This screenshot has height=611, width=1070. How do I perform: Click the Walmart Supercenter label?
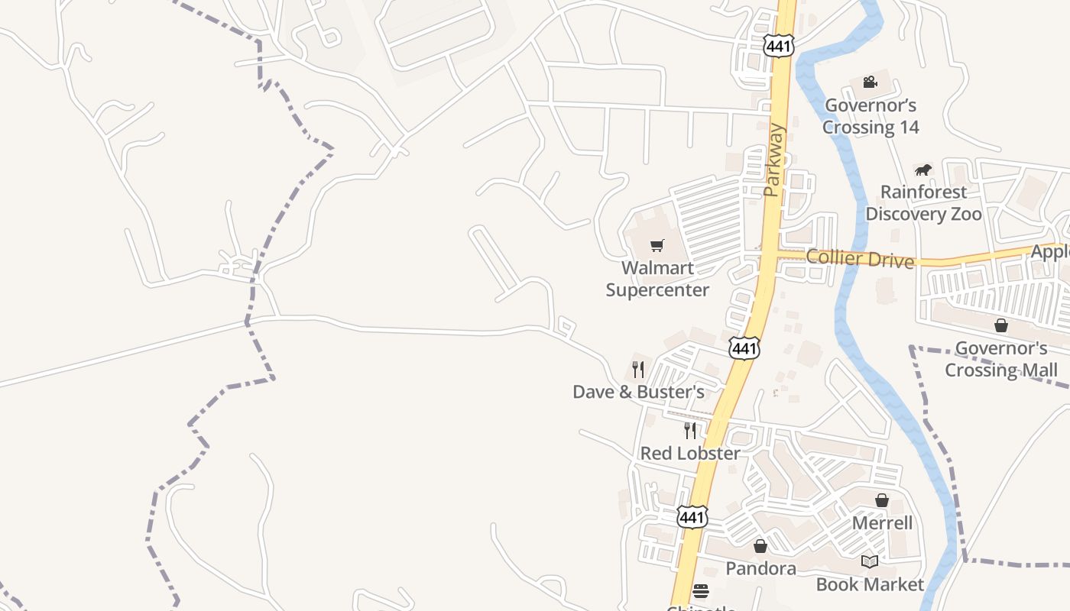tap(657, 279)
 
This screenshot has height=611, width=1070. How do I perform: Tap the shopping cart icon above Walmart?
tap(657, 245)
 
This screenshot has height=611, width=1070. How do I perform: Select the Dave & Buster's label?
tap(638, 392)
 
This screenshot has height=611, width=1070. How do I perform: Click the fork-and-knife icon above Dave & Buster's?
tap(638, 370)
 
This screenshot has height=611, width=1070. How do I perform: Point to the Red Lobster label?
tap(689, 453)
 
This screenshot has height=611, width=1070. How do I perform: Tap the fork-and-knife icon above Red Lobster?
tap(690, 431)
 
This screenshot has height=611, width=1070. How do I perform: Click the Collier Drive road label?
tap(860, 259)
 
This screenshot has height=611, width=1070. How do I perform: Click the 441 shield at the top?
tap(778, 47)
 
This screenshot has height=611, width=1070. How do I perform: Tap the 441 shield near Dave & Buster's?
tap(744, 349)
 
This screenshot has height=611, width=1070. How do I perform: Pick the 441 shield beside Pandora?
tap(692, 517)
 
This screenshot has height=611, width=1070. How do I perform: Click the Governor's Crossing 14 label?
tap(871, 116)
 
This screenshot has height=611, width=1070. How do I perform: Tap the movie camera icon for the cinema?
tap(870, 82)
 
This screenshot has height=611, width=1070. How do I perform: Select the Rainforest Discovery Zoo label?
tap(923, 203)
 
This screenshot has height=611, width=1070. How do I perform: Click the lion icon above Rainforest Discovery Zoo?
tap(923, 170)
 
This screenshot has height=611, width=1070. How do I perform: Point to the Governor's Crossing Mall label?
tap(1001, 359)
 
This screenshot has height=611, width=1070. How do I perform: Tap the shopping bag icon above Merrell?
tap(882, 500)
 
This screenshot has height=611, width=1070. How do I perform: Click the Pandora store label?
tap(760, 568)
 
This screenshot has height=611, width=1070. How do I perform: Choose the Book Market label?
tap(870, 584)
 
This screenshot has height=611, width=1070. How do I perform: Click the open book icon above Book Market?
tap(870, 562)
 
